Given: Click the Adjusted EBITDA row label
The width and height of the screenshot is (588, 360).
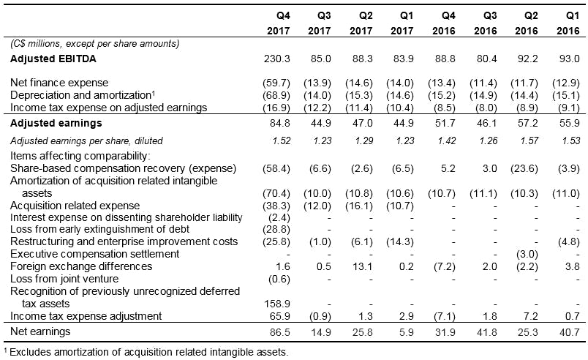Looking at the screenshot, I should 54,58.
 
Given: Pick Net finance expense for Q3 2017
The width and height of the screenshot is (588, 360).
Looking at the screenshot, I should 316,83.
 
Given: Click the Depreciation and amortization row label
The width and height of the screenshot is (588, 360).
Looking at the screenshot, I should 74,95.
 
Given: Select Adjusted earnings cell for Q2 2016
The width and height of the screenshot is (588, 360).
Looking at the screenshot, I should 527,123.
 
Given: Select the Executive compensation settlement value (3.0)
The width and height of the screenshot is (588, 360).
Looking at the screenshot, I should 527,254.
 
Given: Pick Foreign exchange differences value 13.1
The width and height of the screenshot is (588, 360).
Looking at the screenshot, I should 359,266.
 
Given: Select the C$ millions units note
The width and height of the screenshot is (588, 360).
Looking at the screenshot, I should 95,44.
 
